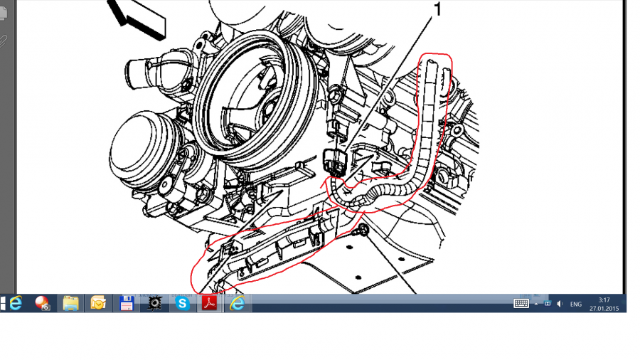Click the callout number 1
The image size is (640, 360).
437,9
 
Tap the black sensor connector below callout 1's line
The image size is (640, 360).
334,162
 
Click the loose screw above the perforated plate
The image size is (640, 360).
361,231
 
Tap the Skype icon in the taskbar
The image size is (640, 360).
182,304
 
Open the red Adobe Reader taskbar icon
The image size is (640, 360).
209,304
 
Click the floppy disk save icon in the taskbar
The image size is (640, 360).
127,304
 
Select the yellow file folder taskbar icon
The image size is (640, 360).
70,304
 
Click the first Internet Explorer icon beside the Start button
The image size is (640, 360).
16,304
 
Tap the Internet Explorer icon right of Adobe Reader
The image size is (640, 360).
237,304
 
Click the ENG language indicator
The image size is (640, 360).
575,304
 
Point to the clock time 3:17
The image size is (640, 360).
604,300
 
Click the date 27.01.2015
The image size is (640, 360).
604,309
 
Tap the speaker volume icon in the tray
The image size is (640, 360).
560,304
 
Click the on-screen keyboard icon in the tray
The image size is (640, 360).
521,304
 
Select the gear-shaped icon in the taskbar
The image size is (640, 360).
154,304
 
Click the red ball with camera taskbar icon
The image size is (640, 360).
43,304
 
